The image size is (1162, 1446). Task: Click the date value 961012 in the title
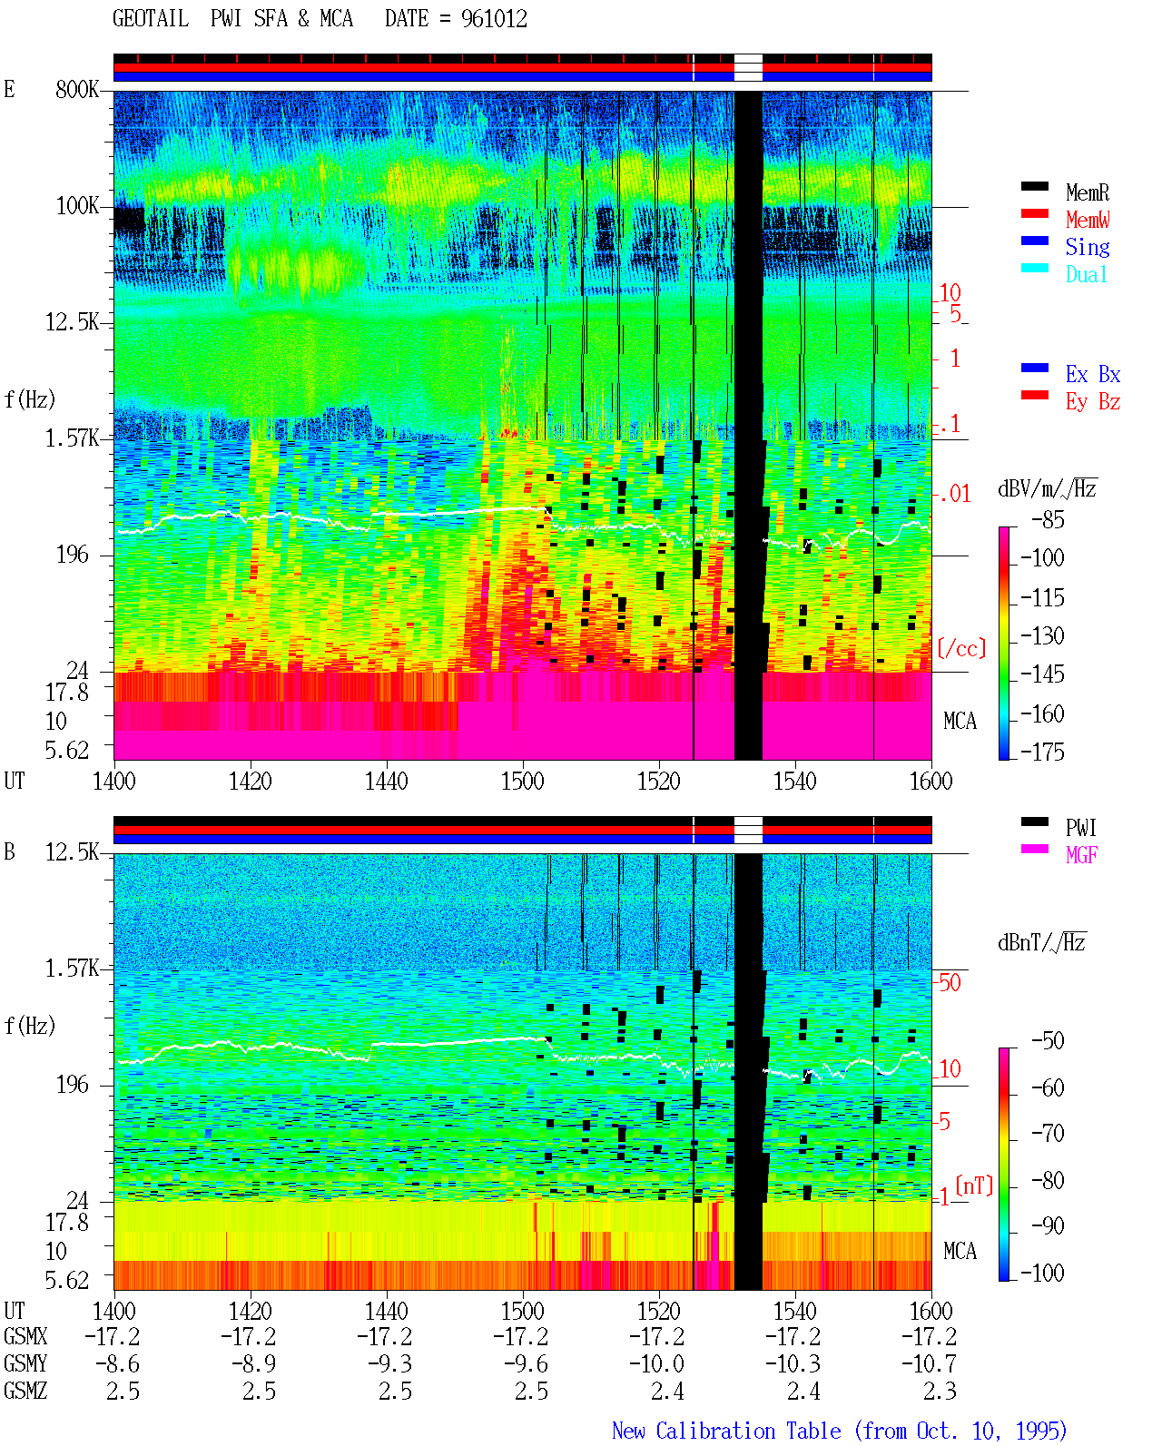coord(494,19)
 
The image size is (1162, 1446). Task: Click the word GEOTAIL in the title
coord(151,19)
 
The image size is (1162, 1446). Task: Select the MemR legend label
coord(1087,192)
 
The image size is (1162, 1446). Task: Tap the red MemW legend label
coord(1087,220)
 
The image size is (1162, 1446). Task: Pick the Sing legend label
coord(1087,247)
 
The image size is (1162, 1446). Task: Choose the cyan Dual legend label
coord(1086,274)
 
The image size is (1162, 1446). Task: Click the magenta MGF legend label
coord(1081,855)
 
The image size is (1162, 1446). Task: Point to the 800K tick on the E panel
coord(77,89)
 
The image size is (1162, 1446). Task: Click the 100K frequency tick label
coord(77,206)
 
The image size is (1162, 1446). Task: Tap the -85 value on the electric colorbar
coord(1048,519)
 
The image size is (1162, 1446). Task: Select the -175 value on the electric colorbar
coord(1042,752)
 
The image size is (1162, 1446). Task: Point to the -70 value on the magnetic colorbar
coord(1048,1134)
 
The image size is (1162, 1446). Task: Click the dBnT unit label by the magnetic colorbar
coord(1041,943)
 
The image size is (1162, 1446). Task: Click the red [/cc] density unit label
coord(961,648)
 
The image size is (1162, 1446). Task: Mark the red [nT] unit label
coord(974,1185)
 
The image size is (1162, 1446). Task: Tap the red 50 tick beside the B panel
coord(950,982)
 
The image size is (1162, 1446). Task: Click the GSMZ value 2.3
coord(940,1391)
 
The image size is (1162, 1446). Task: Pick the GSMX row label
coord(25,1336)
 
